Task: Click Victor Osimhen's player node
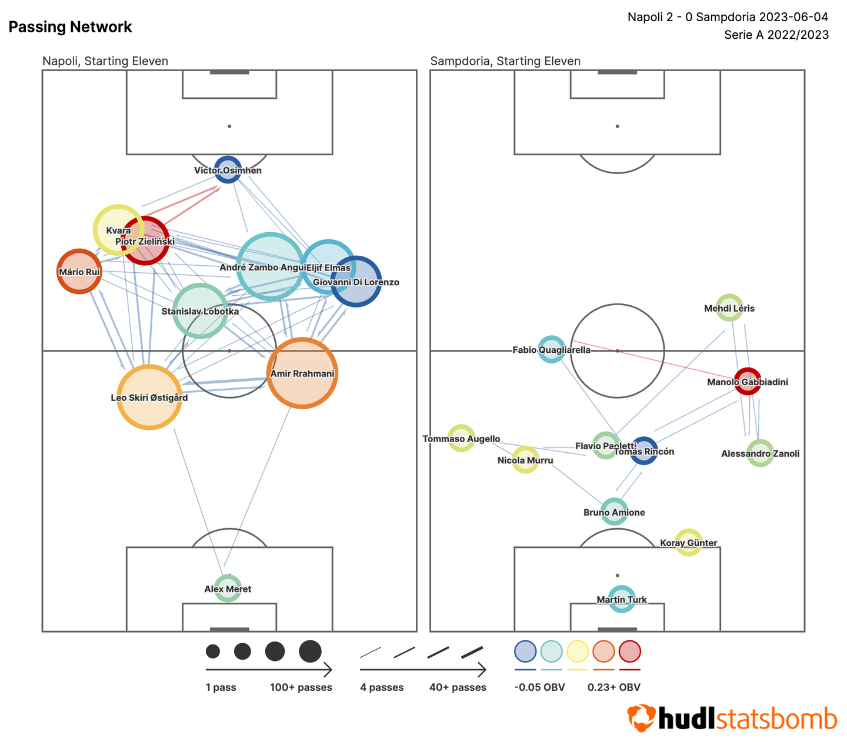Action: pyautogui.click(x=228, y=169)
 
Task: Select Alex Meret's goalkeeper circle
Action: pyautogui.click(x=228, y=588)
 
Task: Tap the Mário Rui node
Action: pyautogui.click(x=79, y=271)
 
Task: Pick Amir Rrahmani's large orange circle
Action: pyautogui.click(x=302, y=373)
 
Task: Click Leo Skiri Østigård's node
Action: pyautogui.click(x=149, y=397)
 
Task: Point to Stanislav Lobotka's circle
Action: pyautogui.click(x=200, y=310)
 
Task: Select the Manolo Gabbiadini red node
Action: pyautogui.click(x=748, y=381)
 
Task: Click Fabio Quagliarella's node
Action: pyautogui.click(x=552, y=349)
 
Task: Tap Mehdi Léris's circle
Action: pyautogui.click(x=729, y=308)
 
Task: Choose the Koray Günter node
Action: pyautogui.click(x=688, y=542)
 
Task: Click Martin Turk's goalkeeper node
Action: pyautogui.click(x=622, y=599)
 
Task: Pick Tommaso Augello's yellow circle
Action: pyautogui.click(x=461, y=438)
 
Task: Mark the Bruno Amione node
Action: pyautogui.click(x=614, y=512)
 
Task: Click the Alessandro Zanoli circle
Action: pyautogui.click(x=760, y=453)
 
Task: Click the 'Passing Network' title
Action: pyautogui.click(x=71, y=27)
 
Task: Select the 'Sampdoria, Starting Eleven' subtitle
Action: pyautogui.click(x=505, y=61)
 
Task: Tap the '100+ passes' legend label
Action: pyautogui.click(x=301, y=687)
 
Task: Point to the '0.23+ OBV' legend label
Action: pyautogui.click(x=613, y=687)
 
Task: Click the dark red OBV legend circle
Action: pyautogui.click(x=629, y=652)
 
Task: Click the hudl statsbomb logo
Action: pyautogui.click(x=732, y=718)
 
